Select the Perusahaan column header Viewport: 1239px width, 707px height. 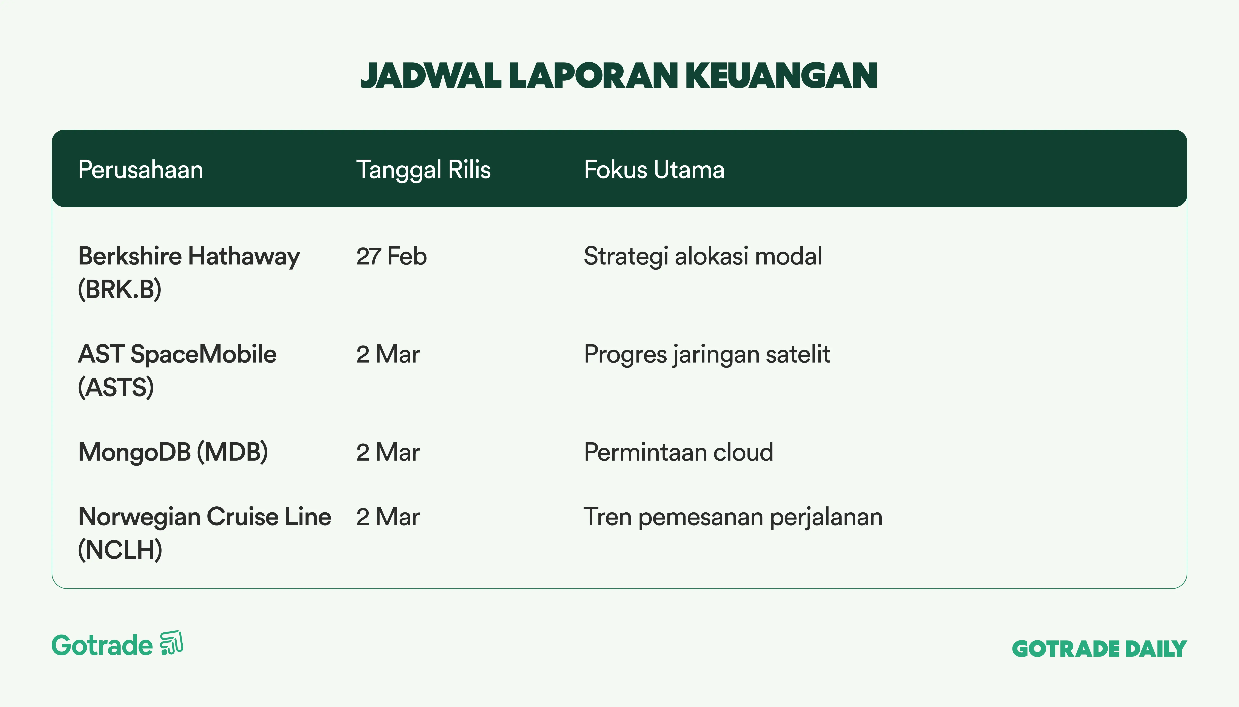140,170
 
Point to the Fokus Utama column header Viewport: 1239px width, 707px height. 654,170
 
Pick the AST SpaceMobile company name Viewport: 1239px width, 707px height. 177,354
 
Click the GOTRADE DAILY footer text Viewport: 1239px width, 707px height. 1099,649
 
